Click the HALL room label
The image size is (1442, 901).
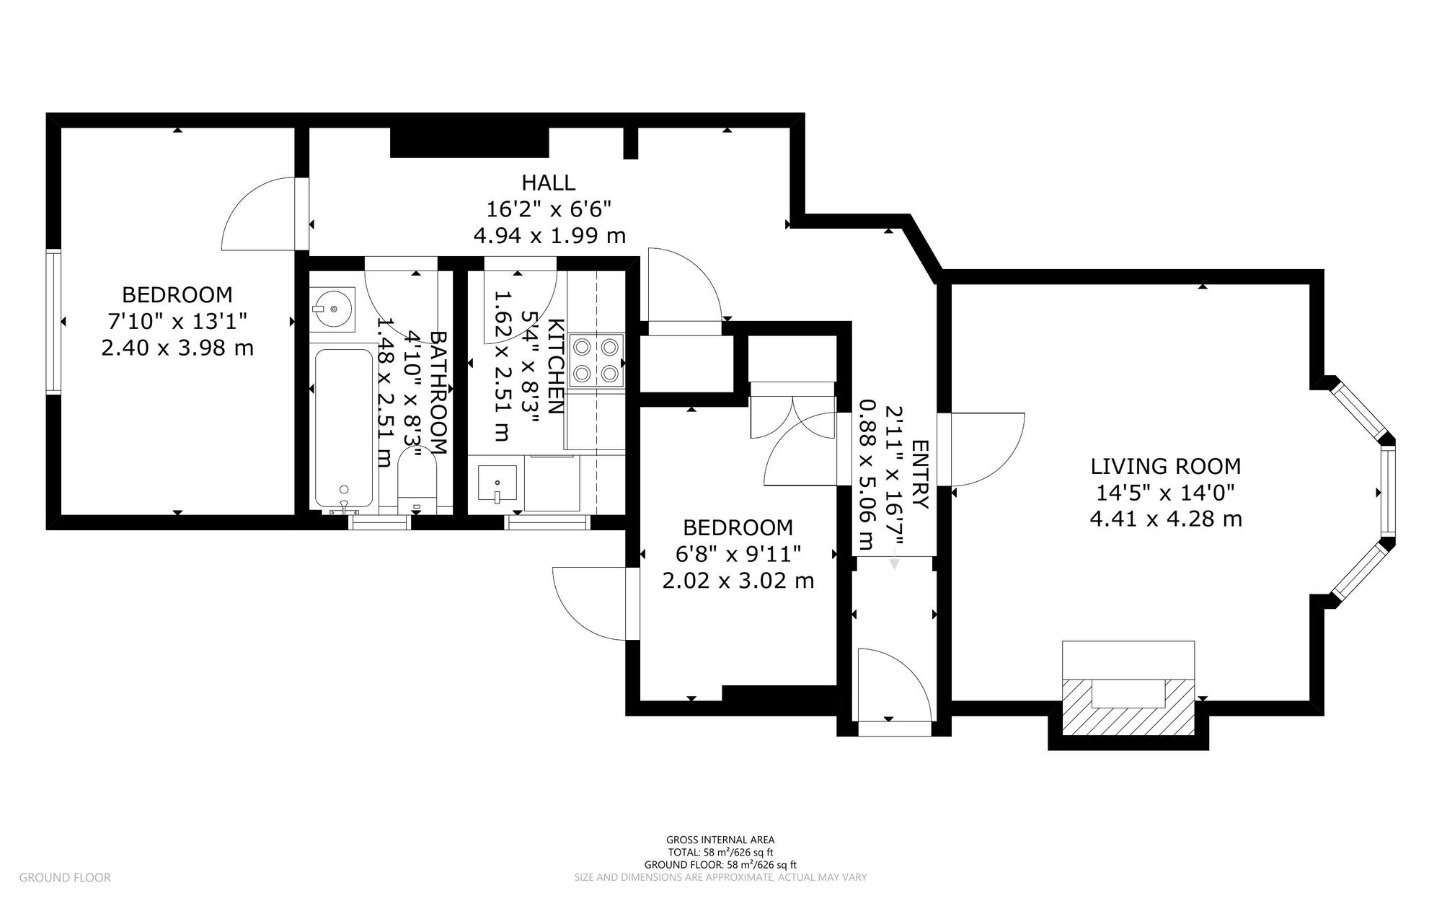tap(549, 182)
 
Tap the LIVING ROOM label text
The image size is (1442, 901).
tap(1165, 466)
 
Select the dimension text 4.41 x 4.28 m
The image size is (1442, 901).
tap(1165, 519)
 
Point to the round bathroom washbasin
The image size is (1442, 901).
tap(333, 309)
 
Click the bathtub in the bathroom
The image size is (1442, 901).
tap(344, 428)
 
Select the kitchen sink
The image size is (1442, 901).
tap(497, 484)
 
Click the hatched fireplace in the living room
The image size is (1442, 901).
tap(1128, 707)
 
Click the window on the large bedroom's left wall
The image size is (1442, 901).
tap(53, 321)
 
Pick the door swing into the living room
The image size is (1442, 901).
tap(984, 449)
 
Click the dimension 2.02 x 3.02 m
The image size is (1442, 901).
tap(738, 581)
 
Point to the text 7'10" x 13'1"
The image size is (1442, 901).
tap(177, 321)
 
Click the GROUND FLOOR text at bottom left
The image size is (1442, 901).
tap(65, 878)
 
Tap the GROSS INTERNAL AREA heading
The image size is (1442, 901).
tap(720, 840)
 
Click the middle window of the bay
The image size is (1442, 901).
tap(1387, 491)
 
